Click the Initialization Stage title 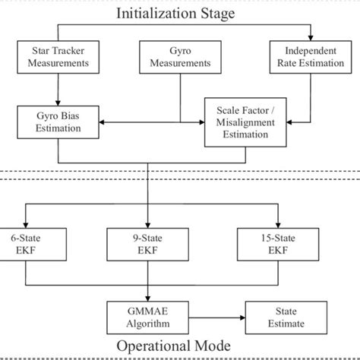(179, 13)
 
